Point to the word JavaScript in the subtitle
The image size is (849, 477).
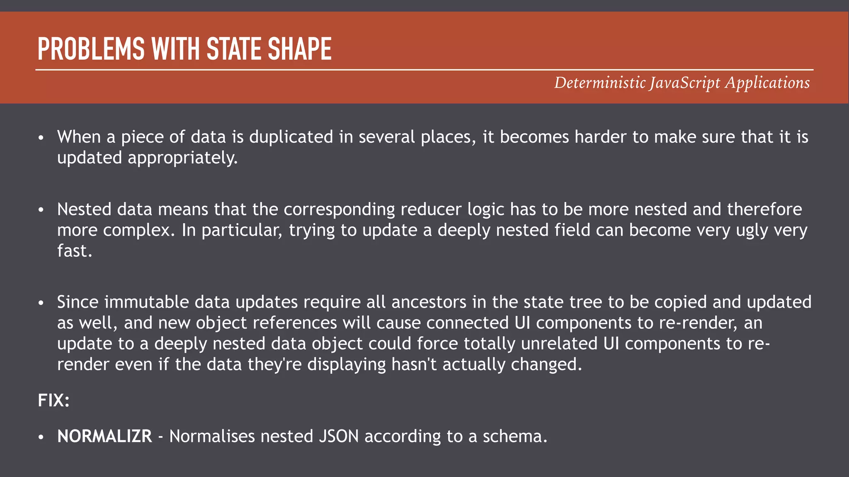[685, 83]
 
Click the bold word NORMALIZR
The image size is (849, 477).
[104, 436]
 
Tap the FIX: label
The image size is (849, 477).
[53, 400]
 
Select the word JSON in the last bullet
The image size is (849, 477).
[339, 436]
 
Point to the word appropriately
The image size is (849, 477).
[182, 158]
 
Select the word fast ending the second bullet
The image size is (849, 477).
[73, 251]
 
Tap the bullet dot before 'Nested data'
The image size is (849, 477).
[41, 210]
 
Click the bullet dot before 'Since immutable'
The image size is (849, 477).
[41, 303]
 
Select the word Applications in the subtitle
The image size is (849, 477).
[767, 83]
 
